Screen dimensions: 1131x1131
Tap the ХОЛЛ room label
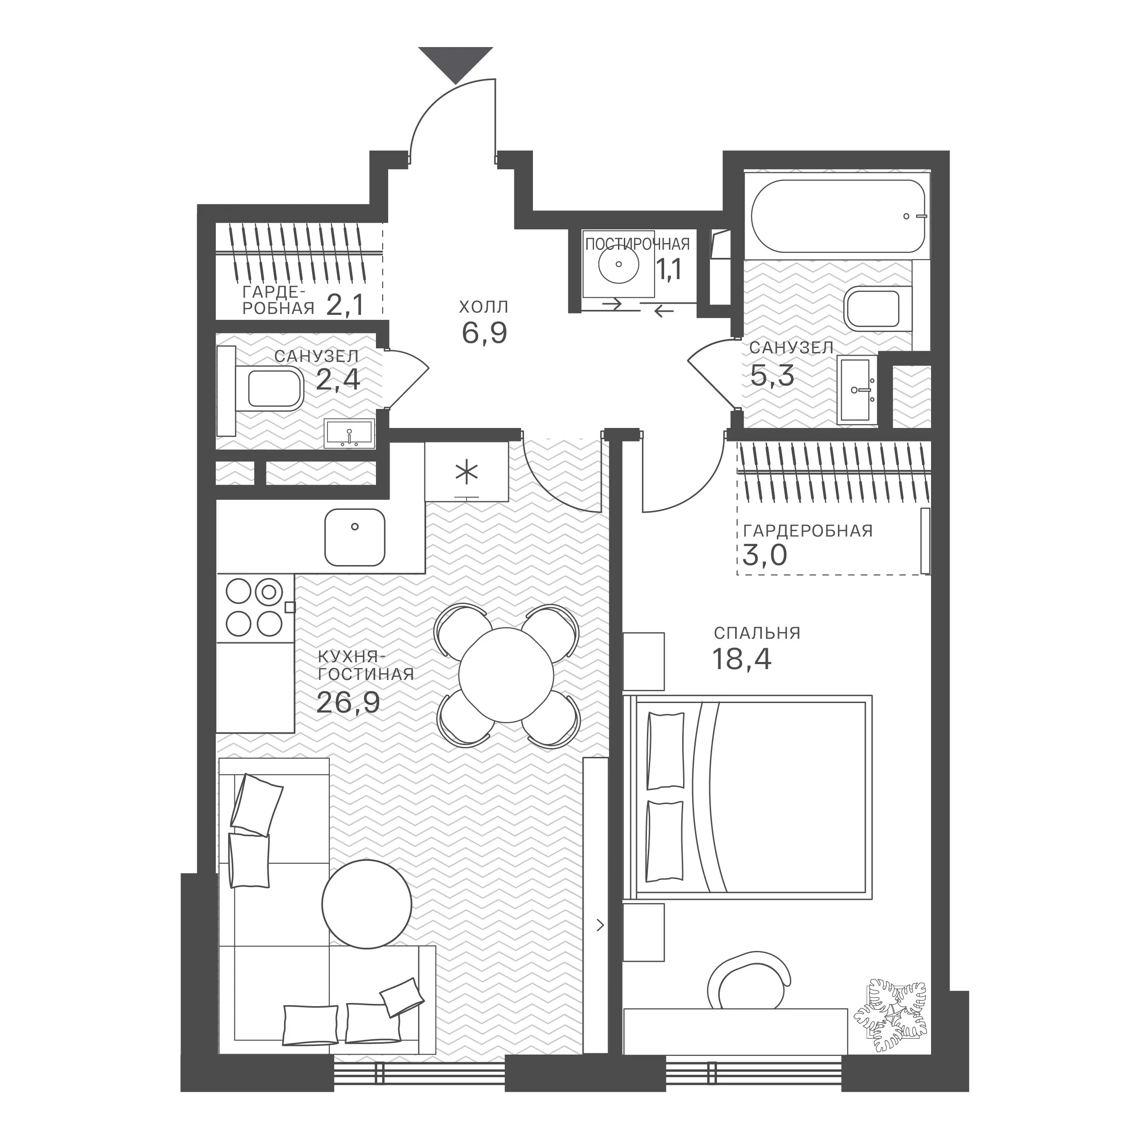click(484, 307)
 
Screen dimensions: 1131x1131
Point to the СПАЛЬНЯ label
click(757, 633)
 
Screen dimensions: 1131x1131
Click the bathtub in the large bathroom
click(838, 216)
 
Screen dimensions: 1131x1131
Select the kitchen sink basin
click(355, 537)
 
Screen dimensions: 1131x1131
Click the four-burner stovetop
click(255, 608)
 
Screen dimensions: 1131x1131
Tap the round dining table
click(506, 675)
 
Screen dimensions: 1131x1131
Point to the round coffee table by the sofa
click(367, 904)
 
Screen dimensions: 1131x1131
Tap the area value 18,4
click(741, 659)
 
